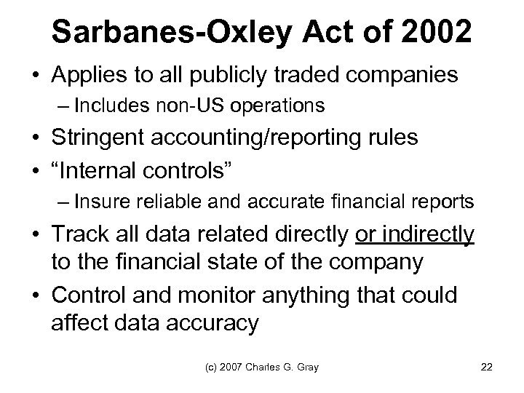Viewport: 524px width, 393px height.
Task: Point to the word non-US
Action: click(x=186, y=106)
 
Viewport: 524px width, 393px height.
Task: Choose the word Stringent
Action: click(x=100, y=138)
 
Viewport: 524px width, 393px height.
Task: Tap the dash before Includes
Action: click(x=61, y=106)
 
